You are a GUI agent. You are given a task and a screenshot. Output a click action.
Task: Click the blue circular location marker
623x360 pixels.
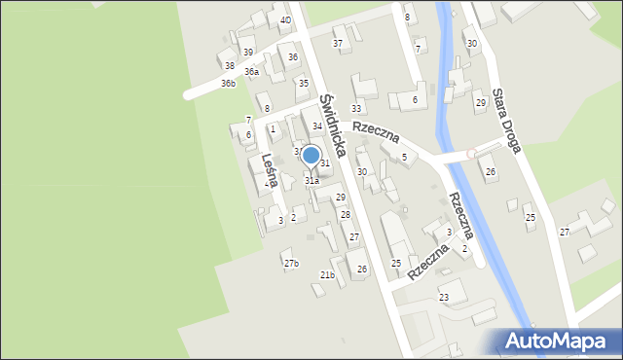tap(311, 155)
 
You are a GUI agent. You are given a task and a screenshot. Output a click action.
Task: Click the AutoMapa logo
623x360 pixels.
tap(559, 341)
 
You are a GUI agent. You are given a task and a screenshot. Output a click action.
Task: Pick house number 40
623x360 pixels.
tap(285, 19)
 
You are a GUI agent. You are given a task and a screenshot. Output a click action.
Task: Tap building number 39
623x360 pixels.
tap(248, 52)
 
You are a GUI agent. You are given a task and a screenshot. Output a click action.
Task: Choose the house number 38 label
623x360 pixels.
tap(230, 66)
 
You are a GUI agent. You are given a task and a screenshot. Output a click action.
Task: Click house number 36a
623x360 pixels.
tap(252, 72)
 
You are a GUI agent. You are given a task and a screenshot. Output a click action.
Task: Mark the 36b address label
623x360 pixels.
tap(228, 84)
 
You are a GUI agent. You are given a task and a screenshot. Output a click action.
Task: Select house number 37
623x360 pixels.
tap(338, 43)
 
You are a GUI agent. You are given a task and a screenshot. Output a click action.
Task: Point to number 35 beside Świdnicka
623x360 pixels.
tap(304, 83)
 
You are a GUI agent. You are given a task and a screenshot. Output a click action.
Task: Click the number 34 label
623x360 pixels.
tap(317, 126)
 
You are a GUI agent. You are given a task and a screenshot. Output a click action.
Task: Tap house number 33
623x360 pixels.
tap(356, 108)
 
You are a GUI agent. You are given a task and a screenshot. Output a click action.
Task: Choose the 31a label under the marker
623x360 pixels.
tap(311, 180)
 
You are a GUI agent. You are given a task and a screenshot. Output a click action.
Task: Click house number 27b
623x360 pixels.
tap(291, 264)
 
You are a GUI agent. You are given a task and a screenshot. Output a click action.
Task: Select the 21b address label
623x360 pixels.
tap(327, 275)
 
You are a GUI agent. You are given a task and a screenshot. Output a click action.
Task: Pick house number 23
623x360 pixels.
tap(444, 297)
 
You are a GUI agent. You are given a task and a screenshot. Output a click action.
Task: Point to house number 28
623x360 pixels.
tap(345, 214)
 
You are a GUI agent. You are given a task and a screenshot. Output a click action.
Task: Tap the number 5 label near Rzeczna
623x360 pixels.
tap(404, 157)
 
